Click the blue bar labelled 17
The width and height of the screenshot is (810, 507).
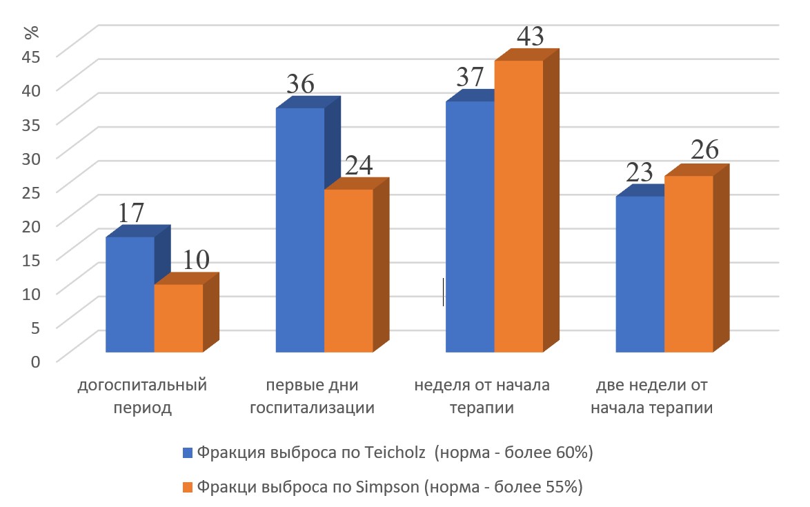(x=129, y=295)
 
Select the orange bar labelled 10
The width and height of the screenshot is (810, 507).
(x=178, y=318)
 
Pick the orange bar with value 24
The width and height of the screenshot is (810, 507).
(x=348, y=270)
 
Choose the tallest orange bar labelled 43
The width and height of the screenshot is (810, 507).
(x=518, y=206)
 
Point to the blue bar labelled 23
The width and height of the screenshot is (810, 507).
(x=640, y=274)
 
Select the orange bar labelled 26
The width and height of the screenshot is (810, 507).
(x=689, y=264)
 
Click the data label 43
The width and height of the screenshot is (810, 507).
(x=530, y=37)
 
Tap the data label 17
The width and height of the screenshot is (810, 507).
(x=131, y=212)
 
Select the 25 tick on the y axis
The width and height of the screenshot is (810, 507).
(x=31, y=190)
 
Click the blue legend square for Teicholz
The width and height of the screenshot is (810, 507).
(x=188, y=453)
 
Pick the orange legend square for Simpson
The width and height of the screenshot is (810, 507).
(x=188, y=487)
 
